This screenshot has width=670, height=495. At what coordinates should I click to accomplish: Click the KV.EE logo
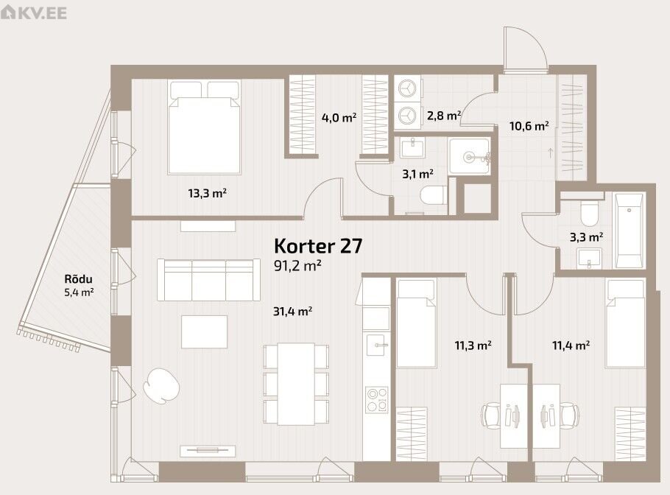[x=34, y=13]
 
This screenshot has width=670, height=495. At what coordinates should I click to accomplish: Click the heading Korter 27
[x=318, y=246]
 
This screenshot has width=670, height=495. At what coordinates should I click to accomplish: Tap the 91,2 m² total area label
[x=297, y=265]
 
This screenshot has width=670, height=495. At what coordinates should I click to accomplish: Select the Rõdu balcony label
[x=78, y=279]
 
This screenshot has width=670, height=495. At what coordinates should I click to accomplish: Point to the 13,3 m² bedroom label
[x=207, y=193]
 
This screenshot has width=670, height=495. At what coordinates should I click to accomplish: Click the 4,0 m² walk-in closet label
[x=339, y=117]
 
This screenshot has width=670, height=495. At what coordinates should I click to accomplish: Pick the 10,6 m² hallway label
[x=529, y=126]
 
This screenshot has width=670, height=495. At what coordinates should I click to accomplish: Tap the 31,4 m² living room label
[x=292, y=311]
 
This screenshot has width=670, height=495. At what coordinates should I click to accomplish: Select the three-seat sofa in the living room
[x=208, y=280]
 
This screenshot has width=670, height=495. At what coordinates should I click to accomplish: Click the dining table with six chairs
[x=296, y=384]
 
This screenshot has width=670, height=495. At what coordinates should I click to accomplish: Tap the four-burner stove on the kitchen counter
[x=376, y=400]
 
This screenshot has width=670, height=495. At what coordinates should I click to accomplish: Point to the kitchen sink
[x=376, y=345]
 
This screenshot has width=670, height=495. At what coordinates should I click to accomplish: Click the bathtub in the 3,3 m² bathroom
[x=629, y=231]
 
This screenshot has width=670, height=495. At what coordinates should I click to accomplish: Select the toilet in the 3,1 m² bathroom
[x=433, y=196]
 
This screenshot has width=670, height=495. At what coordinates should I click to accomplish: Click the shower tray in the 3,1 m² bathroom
[x=469, y=156]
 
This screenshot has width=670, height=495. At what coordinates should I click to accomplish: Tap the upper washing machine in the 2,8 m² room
[x=407, y=88]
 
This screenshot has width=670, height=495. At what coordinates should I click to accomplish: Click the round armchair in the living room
[x=161, y=385]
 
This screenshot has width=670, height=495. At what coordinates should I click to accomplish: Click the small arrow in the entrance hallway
[x=551, y=152]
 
